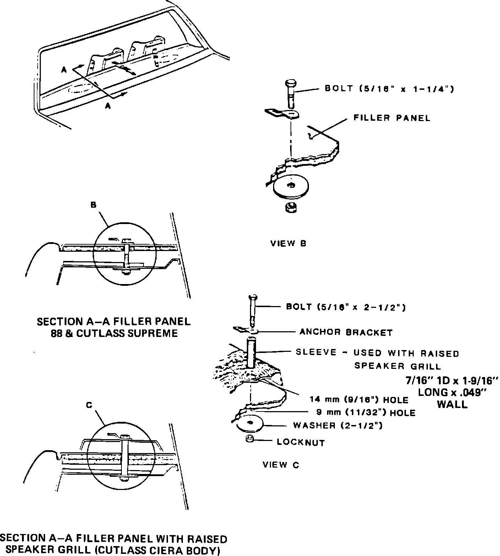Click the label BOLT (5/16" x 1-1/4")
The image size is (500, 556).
[389, 89]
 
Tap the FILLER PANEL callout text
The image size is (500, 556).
[392, 118]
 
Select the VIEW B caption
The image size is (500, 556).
[288, 244]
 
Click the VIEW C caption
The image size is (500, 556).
[281, 465]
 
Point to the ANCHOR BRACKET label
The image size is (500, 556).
[346, 332]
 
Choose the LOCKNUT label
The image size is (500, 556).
[301, 442]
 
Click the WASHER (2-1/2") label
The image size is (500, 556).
[337, 425]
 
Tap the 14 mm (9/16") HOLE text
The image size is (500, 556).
[359, 400]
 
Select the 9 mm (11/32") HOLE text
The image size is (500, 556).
[366, 413]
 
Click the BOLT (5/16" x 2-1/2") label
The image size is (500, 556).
[346, 307]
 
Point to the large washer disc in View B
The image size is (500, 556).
[291, 187]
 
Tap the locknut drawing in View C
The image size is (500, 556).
[249, 440]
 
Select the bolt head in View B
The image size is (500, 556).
[290, 84]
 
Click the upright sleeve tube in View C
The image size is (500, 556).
[251, 353]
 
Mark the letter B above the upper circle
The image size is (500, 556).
[94, 205]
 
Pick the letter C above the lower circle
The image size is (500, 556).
[89, 405]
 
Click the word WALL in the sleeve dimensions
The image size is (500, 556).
[452, 404]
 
